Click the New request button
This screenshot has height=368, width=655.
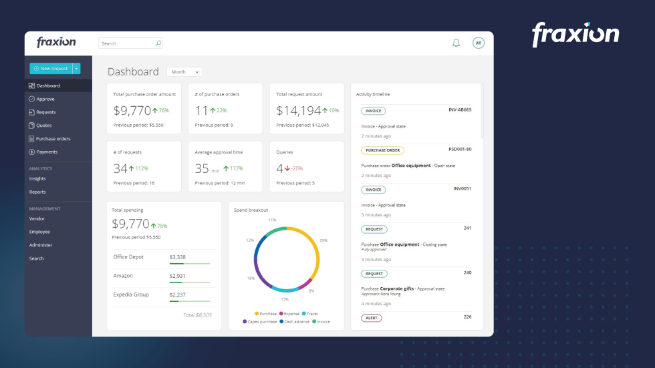(51, 68)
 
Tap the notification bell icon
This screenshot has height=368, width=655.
(456, 43)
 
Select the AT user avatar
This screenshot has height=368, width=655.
(478, 43)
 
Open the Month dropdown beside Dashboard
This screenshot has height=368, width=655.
(184, 72)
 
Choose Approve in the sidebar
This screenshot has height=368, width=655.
(45, 99)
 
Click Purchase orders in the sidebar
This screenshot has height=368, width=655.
(53, 139)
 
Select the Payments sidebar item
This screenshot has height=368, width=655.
(47, 152)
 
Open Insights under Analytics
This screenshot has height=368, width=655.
(37, 179)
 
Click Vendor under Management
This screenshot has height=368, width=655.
(37, 218)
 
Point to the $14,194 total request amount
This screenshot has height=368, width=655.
(299, 111)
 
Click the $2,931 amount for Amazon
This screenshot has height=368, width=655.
(178, 276)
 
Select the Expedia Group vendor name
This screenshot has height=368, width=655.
(131, 295)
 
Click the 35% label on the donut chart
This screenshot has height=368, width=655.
(323, 240)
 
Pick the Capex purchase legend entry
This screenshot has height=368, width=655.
(261, 321)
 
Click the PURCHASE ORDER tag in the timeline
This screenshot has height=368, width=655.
(382, 150)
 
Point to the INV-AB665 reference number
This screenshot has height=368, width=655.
(460, 110)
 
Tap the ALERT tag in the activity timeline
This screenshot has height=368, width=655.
(372, 318)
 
